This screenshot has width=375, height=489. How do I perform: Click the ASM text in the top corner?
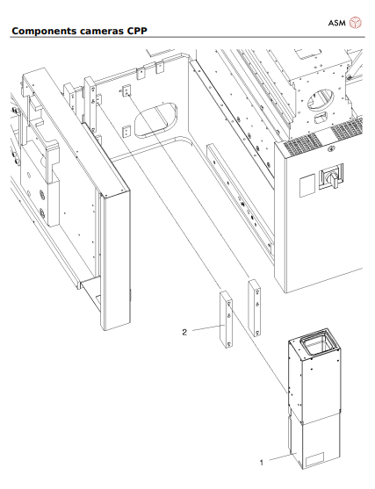[337, 14]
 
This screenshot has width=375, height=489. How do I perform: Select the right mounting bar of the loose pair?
[255, 308]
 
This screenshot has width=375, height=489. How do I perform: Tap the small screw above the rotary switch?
[335, 156]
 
